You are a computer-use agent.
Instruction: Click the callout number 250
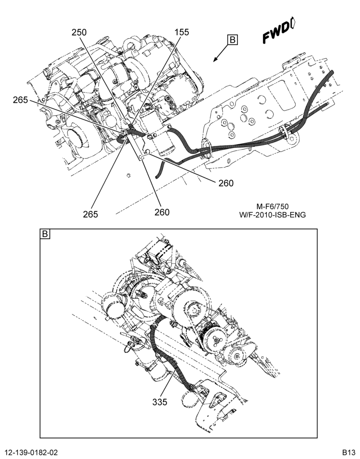coord(79,32)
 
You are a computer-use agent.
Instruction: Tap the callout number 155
coord(182,32)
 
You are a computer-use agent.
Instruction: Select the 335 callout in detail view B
coord(160,402)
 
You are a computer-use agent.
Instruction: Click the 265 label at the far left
coord(20,100)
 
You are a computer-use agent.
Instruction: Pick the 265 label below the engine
coord(90,214)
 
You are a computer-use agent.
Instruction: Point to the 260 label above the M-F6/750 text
coord(226,183)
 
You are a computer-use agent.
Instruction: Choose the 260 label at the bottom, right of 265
coord(162,212)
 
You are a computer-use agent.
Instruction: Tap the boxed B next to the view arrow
coord(233,40)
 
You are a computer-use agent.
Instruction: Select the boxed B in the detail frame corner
coord(45,234)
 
